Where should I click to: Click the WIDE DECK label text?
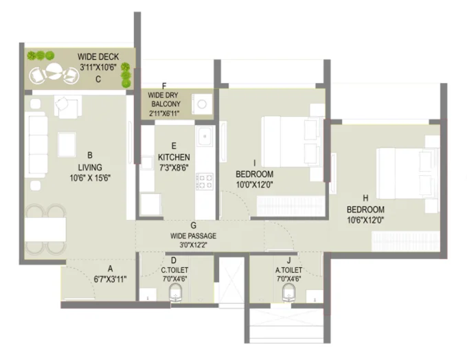click(x=98, y=56)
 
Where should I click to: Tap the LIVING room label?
click(x=90, y=167)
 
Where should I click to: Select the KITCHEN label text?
click(x=174, y=157)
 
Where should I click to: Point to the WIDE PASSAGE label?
click(x=194, y=235)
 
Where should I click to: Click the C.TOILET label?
click(x=174, y=270)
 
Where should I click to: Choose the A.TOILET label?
click(x=289, y=270)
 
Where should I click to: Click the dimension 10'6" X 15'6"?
click(x=90, y=177)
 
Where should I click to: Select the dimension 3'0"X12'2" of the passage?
click(x=194, y=245)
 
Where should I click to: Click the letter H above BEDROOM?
click(x=365, y=197)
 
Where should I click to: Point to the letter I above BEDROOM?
click(x=254, y=163)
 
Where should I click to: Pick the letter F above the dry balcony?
click(x=164, y=86)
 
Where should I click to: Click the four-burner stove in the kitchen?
click(x=205, y=181)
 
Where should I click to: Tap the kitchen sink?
click(x=204, y=137)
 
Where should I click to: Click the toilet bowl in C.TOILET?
click(x=175, y=295)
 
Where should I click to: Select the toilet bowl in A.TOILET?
click(x=289, y=295)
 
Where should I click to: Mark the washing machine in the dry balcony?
click(x=203, y=104)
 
